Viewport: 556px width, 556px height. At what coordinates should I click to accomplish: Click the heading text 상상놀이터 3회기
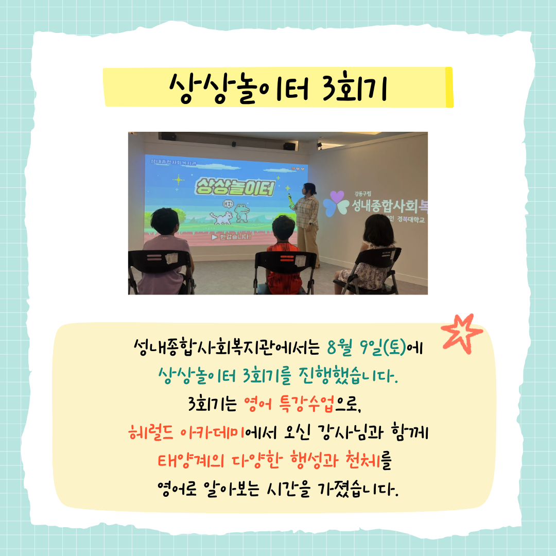coord(278,88)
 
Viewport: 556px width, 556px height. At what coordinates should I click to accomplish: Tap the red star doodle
coord(462,333)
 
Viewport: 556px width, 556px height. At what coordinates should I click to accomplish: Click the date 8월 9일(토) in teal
coord(367,347)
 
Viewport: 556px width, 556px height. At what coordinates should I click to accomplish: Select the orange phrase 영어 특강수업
coord(289,404)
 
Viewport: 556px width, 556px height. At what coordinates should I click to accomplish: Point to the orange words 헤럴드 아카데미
coord(186,432)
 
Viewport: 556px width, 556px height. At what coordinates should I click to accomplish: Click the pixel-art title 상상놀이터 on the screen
coord(235,187)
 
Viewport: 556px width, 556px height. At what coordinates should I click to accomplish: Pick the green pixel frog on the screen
coord(242,213)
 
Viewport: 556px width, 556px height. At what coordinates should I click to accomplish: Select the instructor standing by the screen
coord(306,224)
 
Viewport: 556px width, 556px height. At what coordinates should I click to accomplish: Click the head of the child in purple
coord(165,221)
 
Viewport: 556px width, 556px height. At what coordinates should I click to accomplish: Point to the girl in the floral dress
coord(369,251)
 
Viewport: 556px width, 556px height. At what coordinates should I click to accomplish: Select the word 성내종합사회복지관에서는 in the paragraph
coord(227,347)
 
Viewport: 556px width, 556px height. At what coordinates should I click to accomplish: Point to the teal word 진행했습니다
coord(348,376)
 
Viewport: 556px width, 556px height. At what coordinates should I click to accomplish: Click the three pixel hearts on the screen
coord(298,169)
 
